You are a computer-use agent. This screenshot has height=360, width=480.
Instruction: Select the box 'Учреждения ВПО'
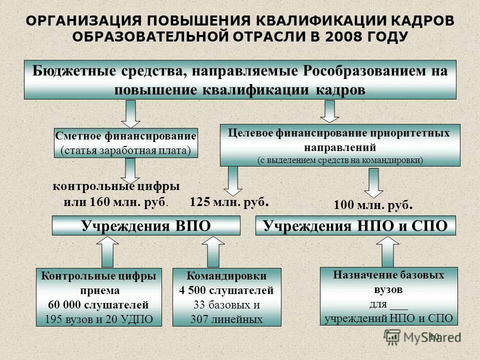[146, 225]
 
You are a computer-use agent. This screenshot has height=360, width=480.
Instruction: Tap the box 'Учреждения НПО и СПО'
[355, 225]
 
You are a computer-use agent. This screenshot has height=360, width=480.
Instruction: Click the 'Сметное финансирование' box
[125, 143]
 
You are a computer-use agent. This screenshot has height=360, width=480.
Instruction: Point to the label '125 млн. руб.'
[229, 202]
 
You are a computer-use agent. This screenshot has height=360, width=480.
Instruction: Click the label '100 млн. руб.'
[373, 204]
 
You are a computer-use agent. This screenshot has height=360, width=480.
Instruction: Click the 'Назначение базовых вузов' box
[388, 296]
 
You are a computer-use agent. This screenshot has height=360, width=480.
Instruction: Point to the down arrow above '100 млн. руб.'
[373, 183]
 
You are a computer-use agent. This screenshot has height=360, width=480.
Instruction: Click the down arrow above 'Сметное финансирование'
[130, 113]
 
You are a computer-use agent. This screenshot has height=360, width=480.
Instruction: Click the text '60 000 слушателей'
[98, 304]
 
